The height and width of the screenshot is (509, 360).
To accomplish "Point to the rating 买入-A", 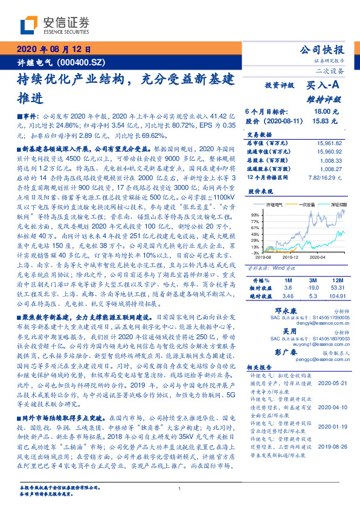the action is click(324, 86).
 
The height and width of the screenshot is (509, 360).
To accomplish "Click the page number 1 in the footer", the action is click(180, 488).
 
